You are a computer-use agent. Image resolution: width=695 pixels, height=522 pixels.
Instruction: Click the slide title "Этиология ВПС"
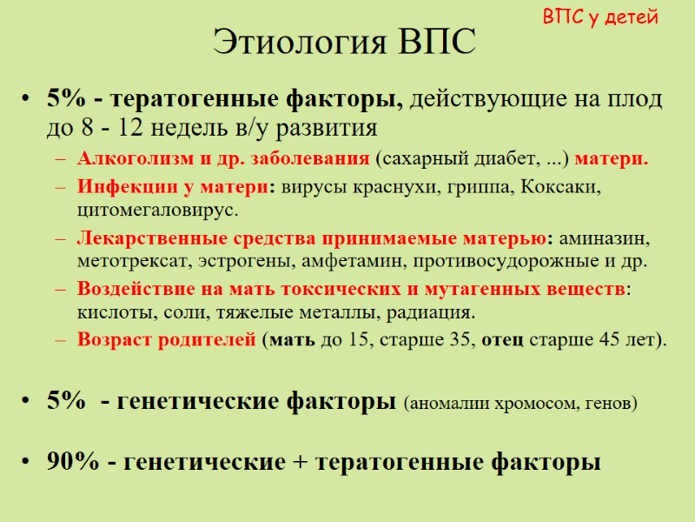pyautogui.click(x=345, y=41)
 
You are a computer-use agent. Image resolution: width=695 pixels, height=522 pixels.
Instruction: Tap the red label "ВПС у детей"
pyautogui.click(x=600, y=17)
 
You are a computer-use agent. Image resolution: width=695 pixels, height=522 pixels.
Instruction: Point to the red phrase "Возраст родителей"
pyautogui.click(x=167, y=339)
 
